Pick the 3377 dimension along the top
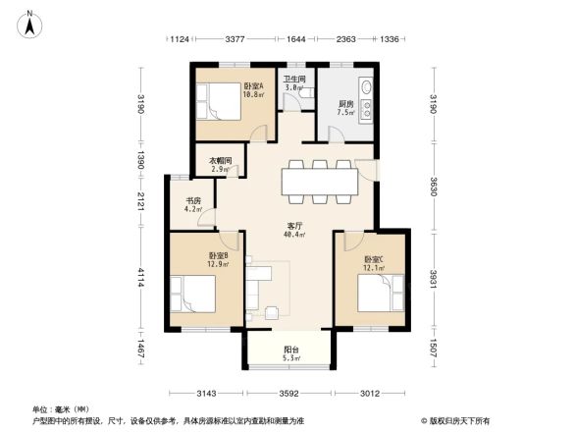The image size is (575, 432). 235,40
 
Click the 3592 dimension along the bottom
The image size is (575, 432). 289,395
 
